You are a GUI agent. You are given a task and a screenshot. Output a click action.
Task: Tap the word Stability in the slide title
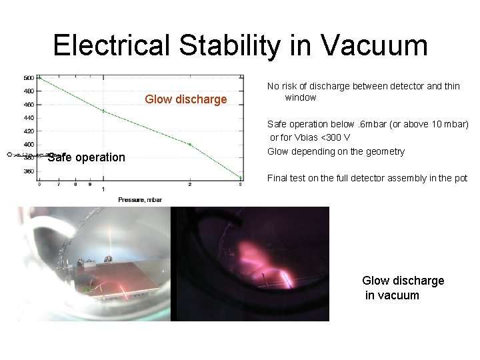click(x=237, y=45)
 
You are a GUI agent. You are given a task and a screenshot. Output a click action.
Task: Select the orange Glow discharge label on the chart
click(x=185, y=99)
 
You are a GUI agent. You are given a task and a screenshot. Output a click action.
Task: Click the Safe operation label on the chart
click(x=86, y=157)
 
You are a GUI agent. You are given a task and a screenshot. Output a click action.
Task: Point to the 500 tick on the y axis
click(x=29, y=77)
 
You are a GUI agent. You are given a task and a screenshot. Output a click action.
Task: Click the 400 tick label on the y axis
click(x=29, y=144)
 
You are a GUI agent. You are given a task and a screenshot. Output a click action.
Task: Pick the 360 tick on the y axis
click(x=29, y=171)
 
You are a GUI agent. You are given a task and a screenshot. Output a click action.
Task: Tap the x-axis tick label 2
click(x=190, y=185)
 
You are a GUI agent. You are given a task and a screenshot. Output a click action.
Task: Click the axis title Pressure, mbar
click(x=139, y=199)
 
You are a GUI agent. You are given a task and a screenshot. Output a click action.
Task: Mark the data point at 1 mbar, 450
click(x=103, y=111)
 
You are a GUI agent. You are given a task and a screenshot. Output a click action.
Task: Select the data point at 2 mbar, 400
click(x=190, y=144)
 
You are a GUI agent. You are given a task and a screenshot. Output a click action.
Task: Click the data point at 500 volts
click(x=39, y=77)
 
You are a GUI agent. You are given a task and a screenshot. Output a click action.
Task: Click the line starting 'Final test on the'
click(x=367, y=178)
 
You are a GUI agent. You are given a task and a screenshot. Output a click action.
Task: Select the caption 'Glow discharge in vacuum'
click(x=402, y=288)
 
